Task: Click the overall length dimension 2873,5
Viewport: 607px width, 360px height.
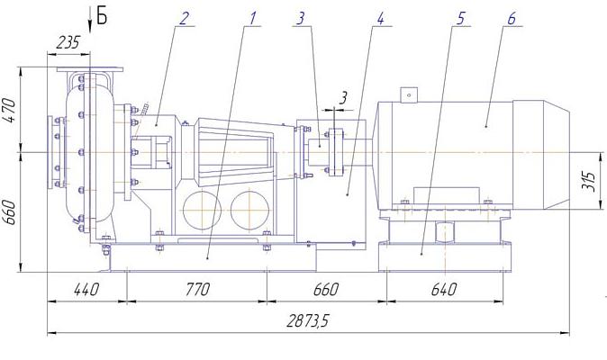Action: (307, 320)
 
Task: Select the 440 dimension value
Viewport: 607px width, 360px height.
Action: (86, 289)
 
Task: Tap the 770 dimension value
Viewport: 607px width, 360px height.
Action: (197, 289)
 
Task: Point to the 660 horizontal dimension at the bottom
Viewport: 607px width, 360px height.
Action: (326, 289)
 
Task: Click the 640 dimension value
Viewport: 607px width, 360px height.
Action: (444, 289)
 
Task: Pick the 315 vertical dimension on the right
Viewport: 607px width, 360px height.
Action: (588, 182)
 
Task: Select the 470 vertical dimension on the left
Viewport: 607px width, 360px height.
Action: (10, 110)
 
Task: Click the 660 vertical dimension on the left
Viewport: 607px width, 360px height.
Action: (10, 211)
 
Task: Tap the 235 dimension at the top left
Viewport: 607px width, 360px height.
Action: (68, 42)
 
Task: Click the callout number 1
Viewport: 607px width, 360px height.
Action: (252, 18)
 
